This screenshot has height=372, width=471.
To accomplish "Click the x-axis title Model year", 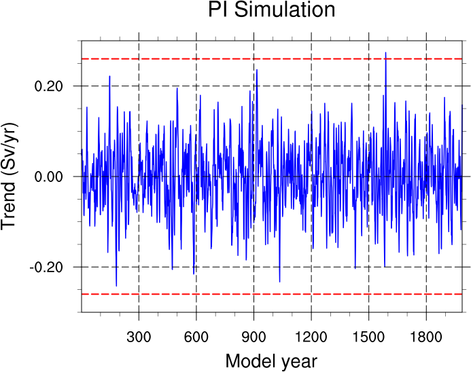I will tap(271, 360).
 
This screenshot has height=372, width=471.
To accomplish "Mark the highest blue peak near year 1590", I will tap(385, 53).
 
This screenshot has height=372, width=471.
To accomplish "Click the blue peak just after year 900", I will tap(256, 70).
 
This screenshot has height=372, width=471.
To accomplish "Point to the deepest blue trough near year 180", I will tap(116, 285).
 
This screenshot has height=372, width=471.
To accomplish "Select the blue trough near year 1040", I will tap(279, 281).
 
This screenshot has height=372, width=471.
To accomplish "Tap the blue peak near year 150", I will tap(109, 77).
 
